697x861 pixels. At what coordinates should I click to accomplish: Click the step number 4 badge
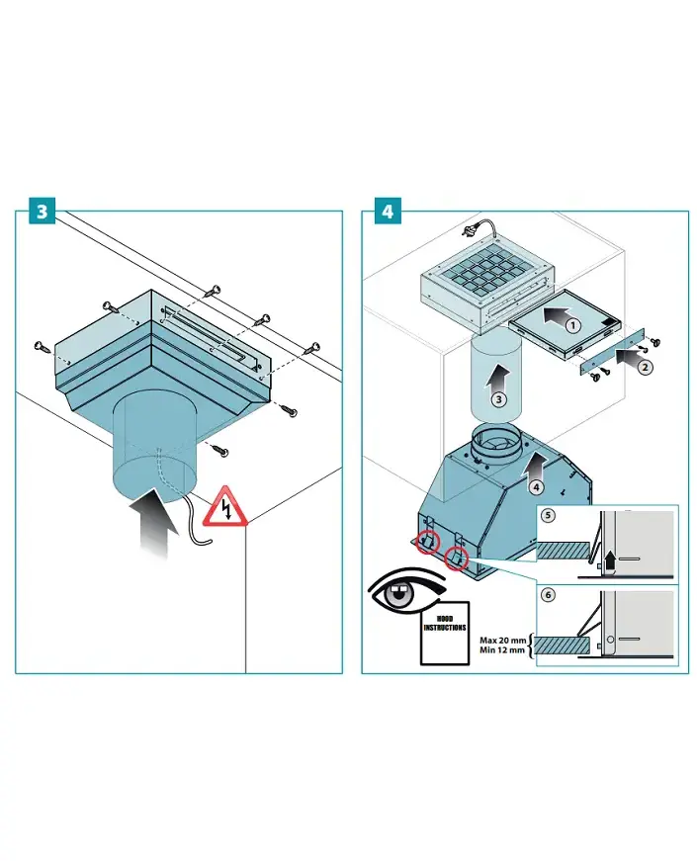tap(387, 213)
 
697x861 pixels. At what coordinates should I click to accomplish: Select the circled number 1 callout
tap(571, 325)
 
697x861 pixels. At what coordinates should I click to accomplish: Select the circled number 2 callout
tap(644, 368)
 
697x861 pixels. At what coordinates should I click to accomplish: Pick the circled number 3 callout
tap(499, 399)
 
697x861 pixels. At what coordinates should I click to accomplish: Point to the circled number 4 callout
tap(535, 486)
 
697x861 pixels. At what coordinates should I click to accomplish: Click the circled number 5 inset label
tap(550, 515)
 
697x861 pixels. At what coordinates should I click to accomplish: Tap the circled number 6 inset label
tap(550, 595)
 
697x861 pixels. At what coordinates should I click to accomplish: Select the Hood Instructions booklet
tap(444, 633)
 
